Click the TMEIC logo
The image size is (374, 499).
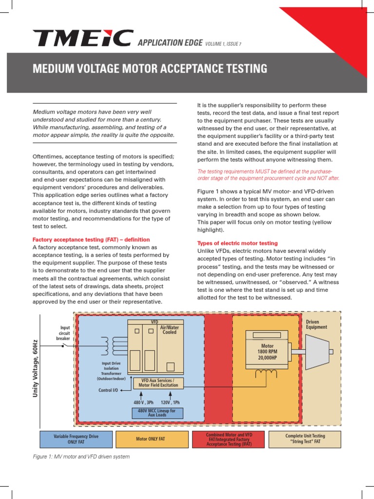click(83, 38)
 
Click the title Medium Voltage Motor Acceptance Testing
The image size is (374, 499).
click(150, 69)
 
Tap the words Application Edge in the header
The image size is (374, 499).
click(170, 43)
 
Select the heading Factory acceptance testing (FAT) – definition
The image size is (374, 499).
click(91, 240)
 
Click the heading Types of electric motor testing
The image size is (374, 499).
click(237, 243)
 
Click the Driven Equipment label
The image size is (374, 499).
click(317, 325)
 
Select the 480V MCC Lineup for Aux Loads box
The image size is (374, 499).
click(157, 413)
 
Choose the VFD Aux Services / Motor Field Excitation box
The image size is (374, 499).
click(159, 383)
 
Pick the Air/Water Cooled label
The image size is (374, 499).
click(170, 330)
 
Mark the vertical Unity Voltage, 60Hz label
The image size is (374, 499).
click(36, 369)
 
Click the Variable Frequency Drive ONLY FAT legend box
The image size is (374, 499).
click(76, 439)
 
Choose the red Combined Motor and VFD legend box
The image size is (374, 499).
click(228, 439)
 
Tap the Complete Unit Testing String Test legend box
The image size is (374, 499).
click(305, 439)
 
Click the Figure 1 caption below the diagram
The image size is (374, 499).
click(81, 457)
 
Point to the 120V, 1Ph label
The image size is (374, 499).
click(170, 403)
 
